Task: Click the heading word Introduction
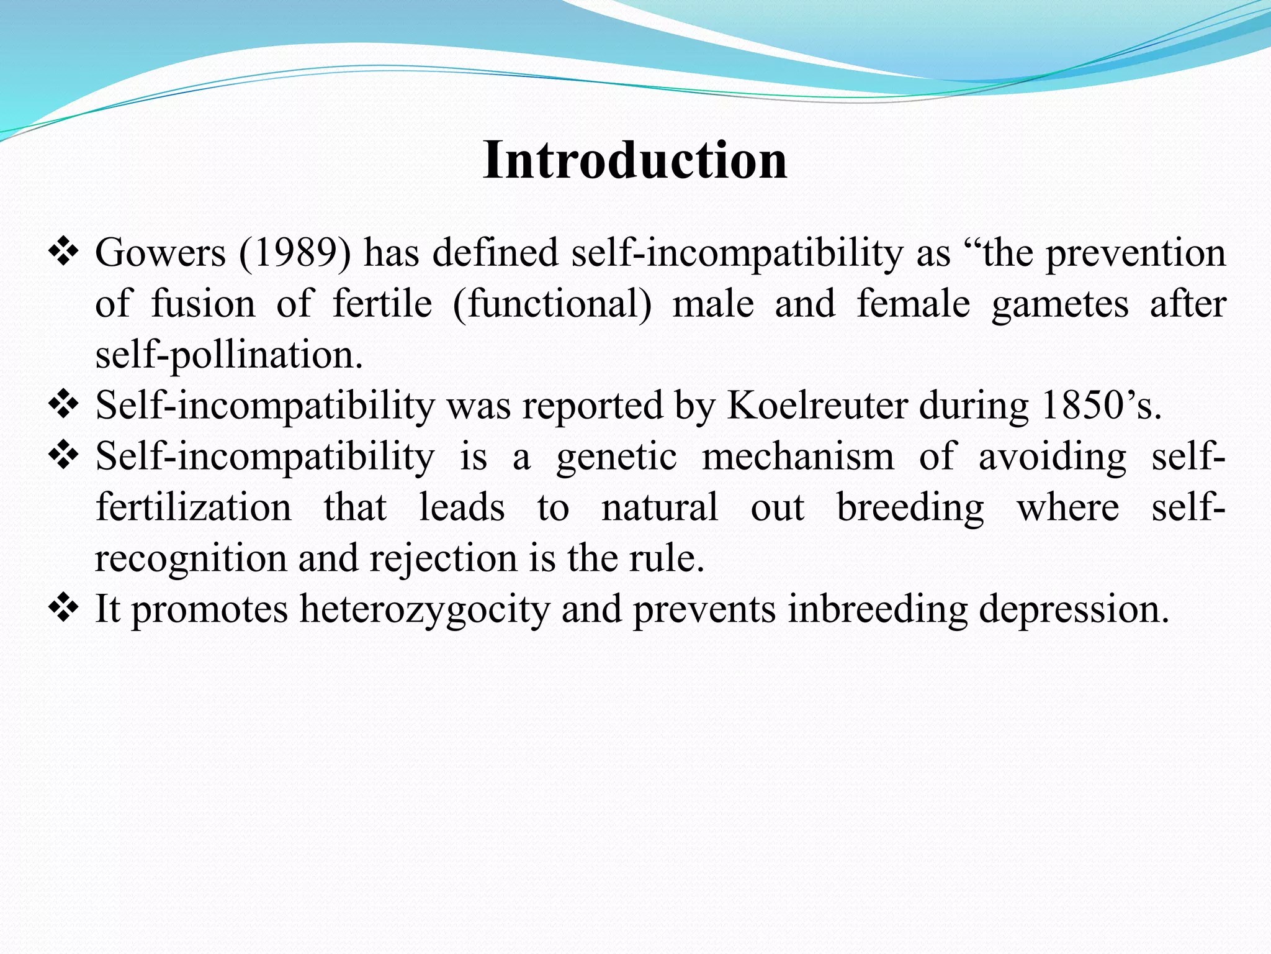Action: click(x=635, y=160)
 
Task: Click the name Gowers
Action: click(x=160, y=253)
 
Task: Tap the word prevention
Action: click(x=1136, y=253)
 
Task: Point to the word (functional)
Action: click(x=552, y=304)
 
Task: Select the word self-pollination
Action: click(x=228, y=355)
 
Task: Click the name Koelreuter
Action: click(x=817, y=406)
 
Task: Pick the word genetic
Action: click(x=616, y=457)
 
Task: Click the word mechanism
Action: click(x=798, y=457)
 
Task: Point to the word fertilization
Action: click(x=193, y=507)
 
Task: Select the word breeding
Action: click(x=910, y=508)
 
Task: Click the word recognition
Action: click(x=190, y=558)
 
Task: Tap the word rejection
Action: click(x=443, y=558)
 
